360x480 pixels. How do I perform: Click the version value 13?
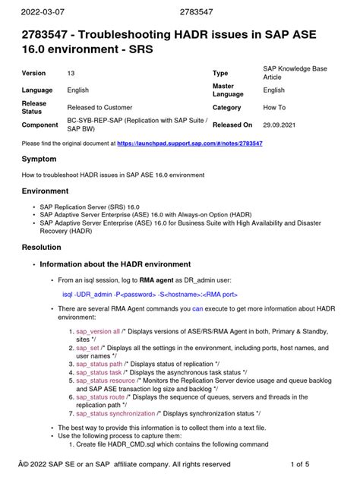pyautogui.click(x=71, y=74)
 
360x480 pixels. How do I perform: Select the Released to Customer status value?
pyautogui.click(x=102, y=108)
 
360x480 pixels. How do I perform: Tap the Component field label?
pyautogui.click(x=40, y=124)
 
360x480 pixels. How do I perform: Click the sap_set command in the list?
pyautogui.click(x=89, y=347)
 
